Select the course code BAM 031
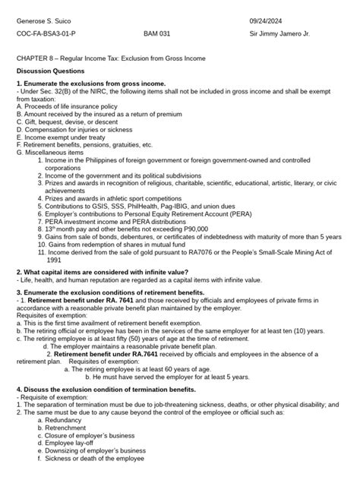[157, 35]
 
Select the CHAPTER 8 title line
[116, 58]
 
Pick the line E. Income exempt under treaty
[60, 134]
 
